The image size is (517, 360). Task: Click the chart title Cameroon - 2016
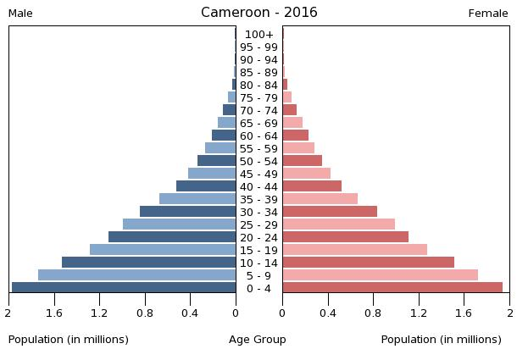[x=258, y=13]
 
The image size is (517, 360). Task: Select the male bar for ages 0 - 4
[x=124, y=288]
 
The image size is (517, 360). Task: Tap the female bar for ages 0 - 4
[x=392, y=288]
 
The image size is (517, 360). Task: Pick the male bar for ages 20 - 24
[x=172, y=237]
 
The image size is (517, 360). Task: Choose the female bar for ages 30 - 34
[x=330, y=212]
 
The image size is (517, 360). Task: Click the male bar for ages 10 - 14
[x=149, y=263]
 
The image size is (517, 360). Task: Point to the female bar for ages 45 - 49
[x=307, y=174]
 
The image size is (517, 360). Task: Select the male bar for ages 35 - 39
[x=197, y=199]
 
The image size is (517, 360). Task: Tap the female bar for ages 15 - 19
[x=355, y=250]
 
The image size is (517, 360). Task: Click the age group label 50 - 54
[x=258, y=161]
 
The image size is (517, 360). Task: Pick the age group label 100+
[x=258, y=35]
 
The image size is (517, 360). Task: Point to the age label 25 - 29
[x=258, y=224]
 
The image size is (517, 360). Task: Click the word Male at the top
[x=20, y=14]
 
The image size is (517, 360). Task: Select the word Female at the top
[x=488, y=14]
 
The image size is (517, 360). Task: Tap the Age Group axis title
[x=258, y=340]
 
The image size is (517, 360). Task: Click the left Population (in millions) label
[x=69, y=340]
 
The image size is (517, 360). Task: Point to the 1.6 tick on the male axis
[x=54, y=313]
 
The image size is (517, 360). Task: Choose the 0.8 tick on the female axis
[x=373, y=313]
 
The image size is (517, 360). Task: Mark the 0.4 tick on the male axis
[x=190, y=313]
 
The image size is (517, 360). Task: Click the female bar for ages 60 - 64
[x=296, y=136]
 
